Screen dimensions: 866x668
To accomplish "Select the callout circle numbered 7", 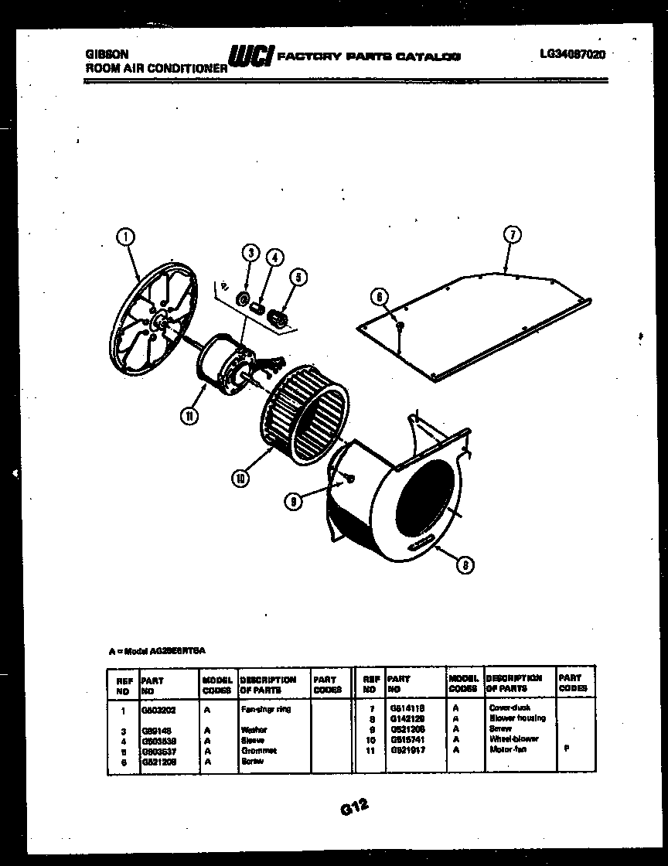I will point(511,235).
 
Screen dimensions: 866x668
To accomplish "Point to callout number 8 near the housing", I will point(464,566).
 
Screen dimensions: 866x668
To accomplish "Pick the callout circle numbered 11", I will point(189,415).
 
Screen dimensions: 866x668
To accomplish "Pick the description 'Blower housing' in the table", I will point(517,718).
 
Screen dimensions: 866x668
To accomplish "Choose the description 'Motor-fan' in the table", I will point(507,749).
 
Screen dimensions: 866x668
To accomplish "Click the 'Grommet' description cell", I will point(258,750).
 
